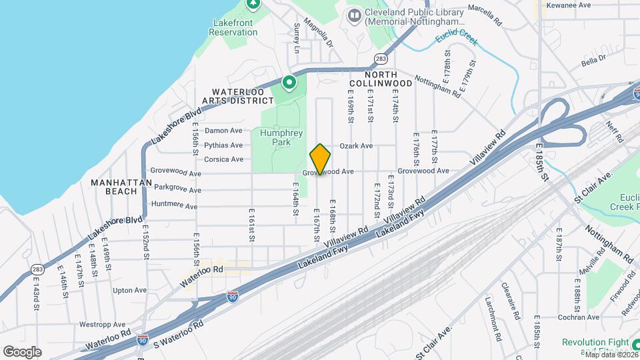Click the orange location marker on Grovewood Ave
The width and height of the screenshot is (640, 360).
tap(321, 159)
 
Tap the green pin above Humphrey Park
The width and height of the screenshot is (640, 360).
tap(289, 83)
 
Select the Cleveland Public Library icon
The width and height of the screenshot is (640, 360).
tap(354, 15)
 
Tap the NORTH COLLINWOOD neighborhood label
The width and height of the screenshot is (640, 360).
tap(389, 78)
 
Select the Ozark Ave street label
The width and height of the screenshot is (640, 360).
tap(357, 145)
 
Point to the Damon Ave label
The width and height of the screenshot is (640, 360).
tap(223, 131)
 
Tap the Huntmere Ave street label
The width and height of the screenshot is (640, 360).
tap(175, 205)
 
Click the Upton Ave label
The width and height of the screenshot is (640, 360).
tap(129, 290)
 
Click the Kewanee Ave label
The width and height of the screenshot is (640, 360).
tap(568, 5)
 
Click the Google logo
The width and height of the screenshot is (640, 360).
tap(22, 351)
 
